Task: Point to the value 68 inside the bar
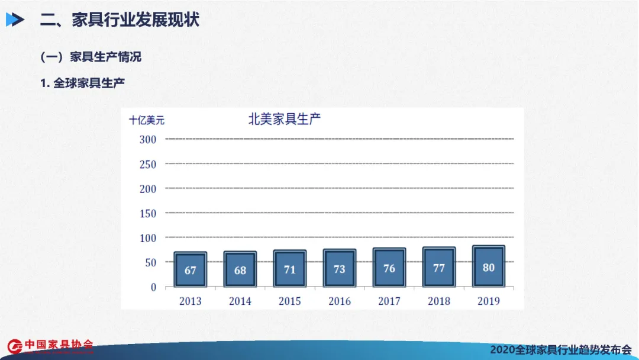[240, 271]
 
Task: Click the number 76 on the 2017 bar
[389, 269]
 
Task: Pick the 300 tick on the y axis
[148, 139]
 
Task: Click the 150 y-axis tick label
[148, 213]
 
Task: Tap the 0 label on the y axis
[153, 287]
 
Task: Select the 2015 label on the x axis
[290, 301]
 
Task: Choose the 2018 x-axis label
[439, 301]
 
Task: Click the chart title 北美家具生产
[284, 119]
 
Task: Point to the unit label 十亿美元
[147, 120]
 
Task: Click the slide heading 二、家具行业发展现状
[120, 20]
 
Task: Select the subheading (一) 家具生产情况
[91, 57]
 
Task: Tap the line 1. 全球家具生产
[82, 83]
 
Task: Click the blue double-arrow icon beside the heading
[15, 20]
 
